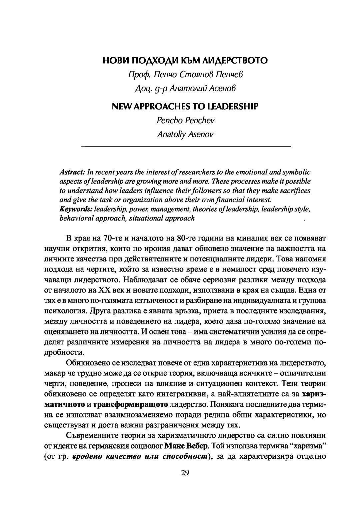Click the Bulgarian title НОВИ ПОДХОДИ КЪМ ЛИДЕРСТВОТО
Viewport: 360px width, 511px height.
point(185,61)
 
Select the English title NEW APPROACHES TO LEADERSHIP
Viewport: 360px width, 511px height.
point(185,107)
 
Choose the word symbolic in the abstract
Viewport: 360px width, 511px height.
point(297,172)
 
